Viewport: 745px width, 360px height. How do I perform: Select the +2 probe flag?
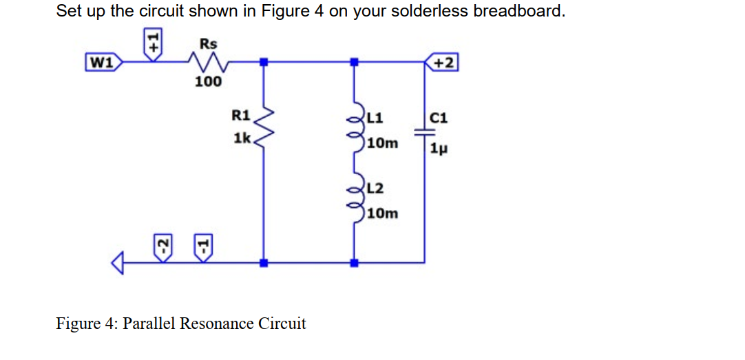[442, 63]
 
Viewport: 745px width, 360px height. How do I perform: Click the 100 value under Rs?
[208, 83]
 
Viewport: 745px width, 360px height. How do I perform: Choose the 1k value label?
[242, 138]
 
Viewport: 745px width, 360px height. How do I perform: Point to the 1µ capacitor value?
[439, 149]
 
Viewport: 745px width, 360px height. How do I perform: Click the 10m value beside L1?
[383, 143]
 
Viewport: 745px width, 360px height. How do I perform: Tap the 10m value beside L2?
[383, 213]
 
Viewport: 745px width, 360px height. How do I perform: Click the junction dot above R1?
[264, 63]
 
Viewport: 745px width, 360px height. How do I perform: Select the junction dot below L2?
[355, 263]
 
